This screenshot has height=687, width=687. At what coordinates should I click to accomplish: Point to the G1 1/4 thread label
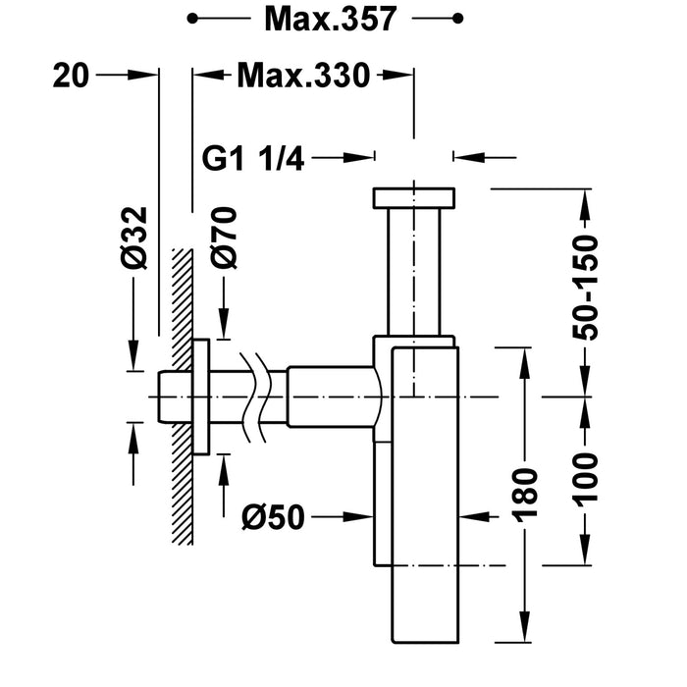(253, 157)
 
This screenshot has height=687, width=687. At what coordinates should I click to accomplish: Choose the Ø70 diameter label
(225, 238)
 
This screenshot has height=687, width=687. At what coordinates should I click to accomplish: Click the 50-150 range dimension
(586, 288)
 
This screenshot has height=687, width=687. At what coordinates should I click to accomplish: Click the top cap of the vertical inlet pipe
(413, 197)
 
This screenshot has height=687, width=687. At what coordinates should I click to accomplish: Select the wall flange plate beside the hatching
(200, 396)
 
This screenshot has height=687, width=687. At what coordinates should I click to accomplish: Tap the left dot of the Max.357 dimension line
(193, 19)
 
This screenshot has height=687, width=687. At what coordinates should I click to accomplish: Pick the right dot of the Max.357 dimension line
(456, 19)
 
